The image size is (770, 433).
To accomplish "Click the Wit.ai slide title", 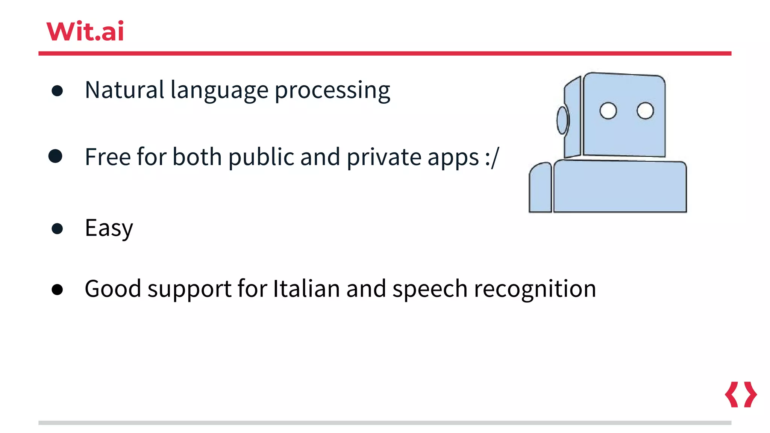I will pyautogui.click(x=85, y=31).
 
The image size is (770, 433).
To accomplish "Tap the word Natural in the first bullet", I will pyautogui.click(x=124, y=90).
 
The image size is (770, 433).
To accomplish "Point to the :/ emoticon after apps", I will pyautogui.click(x=492, y=157).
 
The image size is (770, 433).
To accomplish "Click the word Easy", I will pyautogui.click(x=109, y=228).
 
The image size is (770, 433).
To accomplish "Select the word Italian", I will pyautogui.click(x=306, y=289).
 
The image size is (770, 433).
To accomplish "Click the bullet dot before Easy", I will pyautogui.click(x=57, y=229).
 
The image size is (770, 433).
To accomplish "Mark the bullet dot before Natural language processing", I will pyautogui.click(x=57, y=91).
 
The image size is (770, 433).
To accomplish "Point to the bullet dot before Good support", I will pyautogui.click(x=57, y=289).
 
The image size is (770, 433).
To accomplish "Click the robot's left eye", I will pyautogui.click(x=608, y=111).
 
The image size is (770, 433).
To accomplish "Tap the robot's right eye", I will pyautogui.click(x=645, y=111).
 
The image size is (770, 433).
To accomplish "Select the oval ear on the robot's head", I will pyautogui.click(x=562, y=120).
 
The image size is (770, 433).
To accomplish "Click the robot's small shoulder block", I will pyautogui.click(x=540, y=188).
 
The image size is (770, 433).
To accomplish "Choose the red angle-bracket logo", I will pyautogui.click(x=741, y=395).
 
